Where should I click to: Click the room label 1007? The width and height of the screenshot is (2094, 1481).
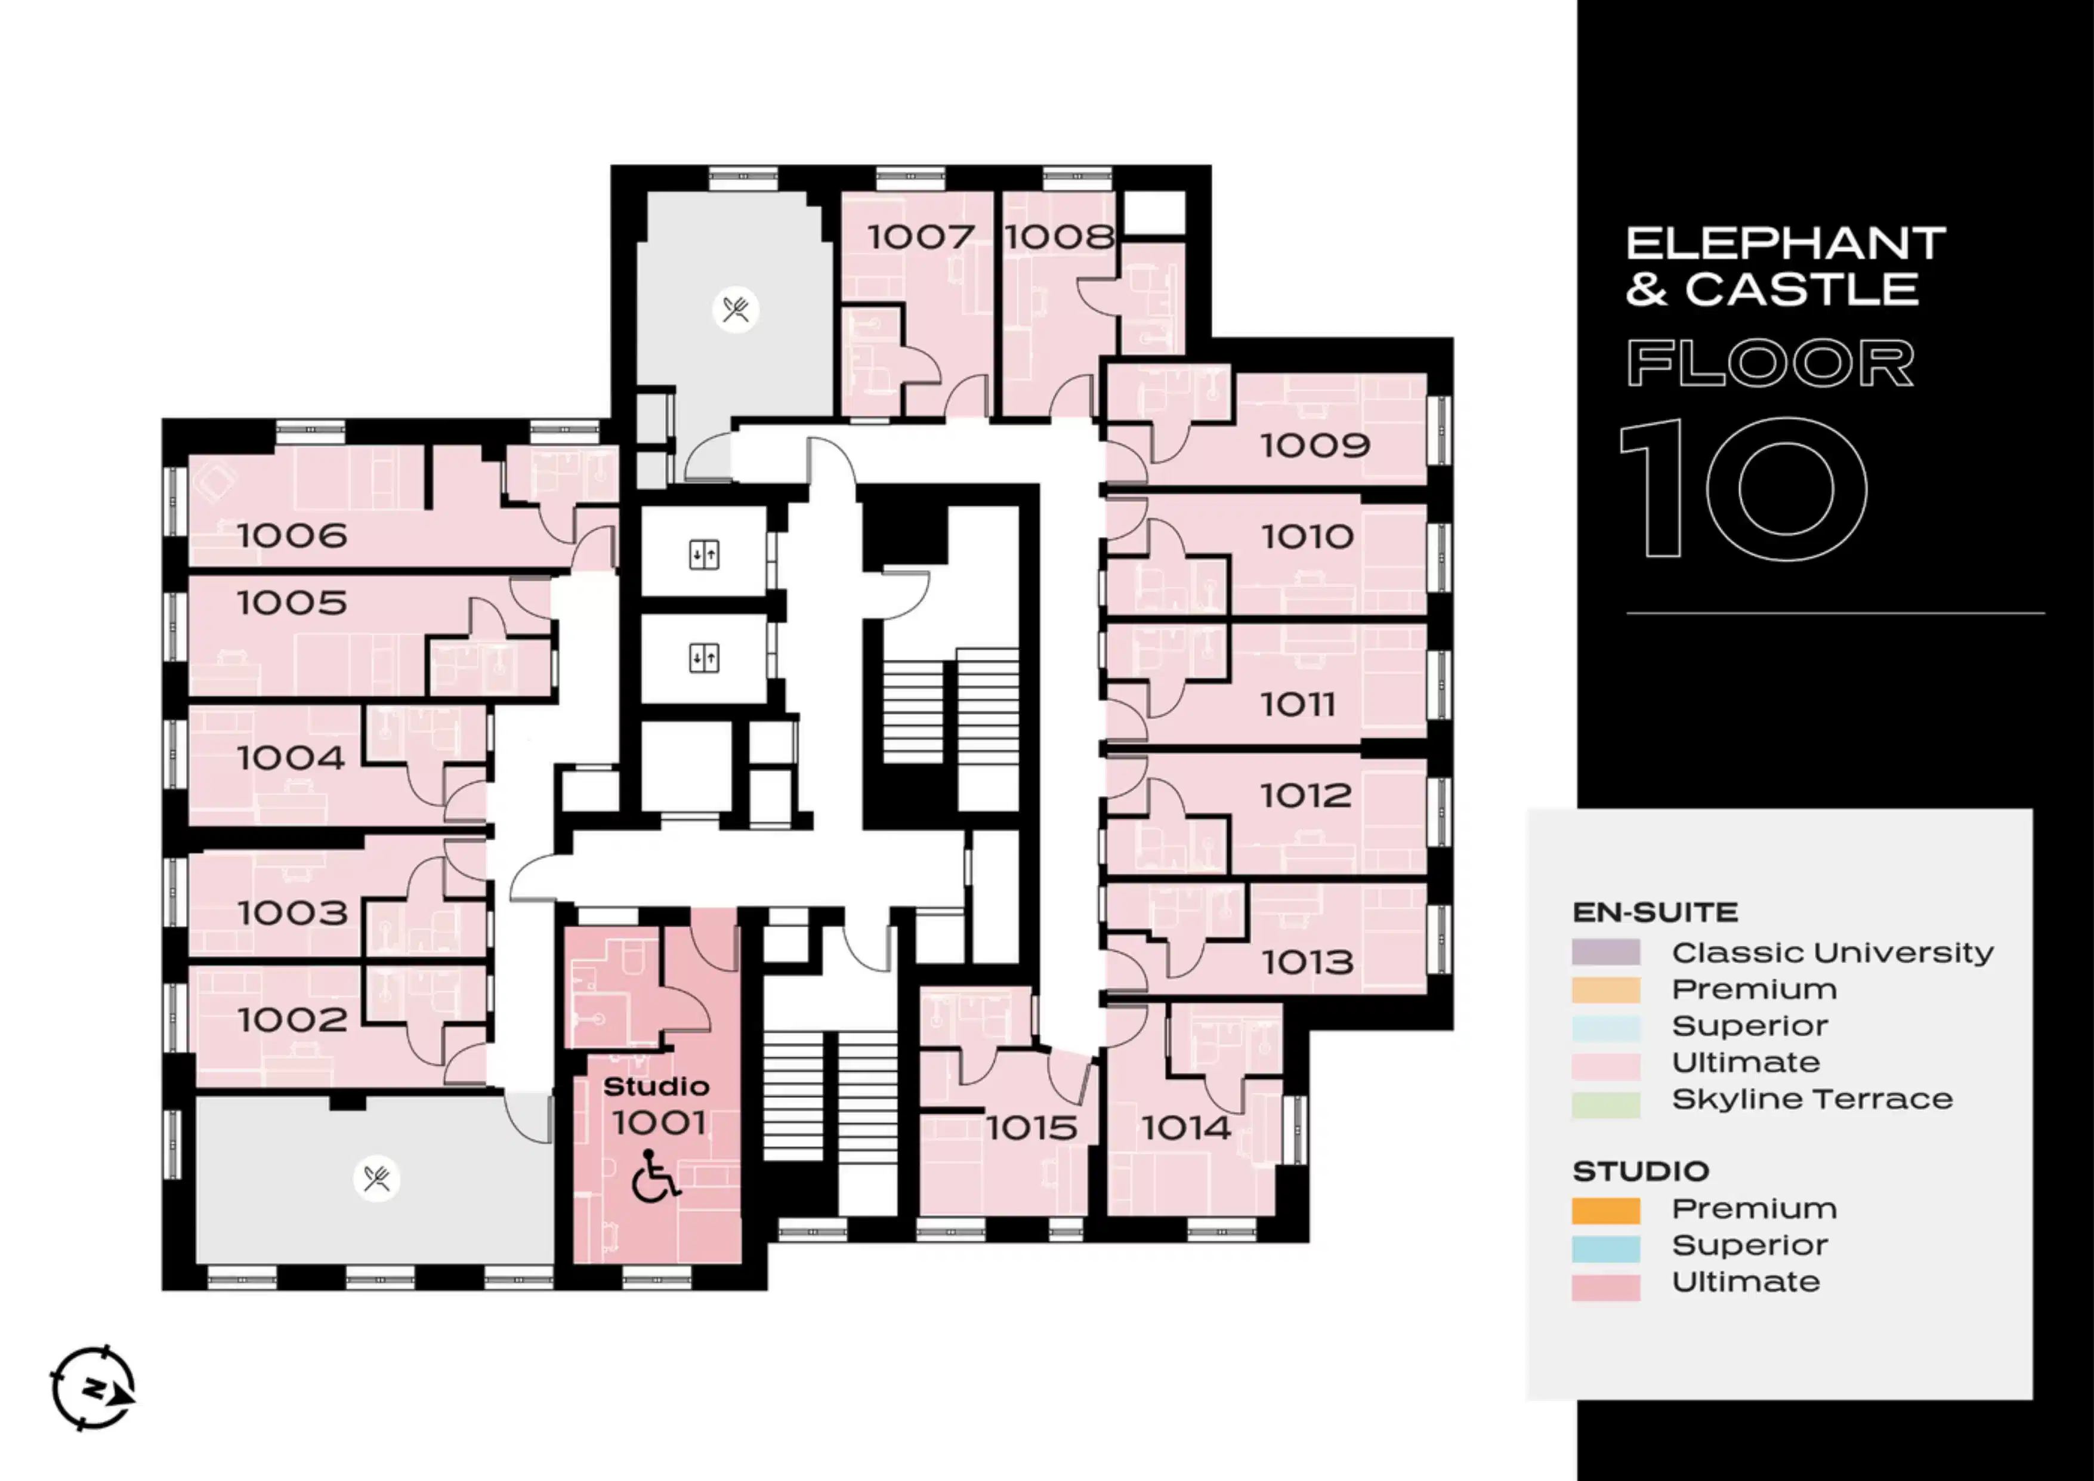[x=921, y=237]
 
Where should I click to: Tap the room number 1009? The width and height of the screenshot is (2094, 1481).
[x=1315, y=446]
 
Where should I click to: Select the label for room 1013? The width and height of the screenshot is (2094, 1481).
[x=1307, y=962]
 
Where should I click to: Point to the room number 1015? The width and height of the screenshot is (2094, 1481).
[x=1031, y=1128]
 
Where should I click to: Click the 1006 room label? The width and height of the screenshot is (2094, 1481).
[x=292, y=535]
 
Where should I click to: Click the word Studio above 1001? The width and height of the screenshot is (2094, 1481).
[x=656, y=1086]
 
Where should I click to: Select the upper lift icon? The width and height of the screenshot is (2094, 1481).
[x=704, y=554]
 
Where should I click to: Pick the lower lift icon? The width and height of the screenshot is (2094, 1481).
[x=704, y=658]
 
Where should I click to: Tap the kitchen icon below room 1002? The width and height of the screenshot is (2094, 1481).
[x=376, y=1178]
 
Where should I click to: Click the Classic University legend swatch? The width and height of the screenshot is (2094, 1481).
[x=1606, y=953]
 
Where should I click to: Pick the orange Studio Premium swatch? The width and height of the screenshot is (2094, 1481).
[x=1606, y=1210]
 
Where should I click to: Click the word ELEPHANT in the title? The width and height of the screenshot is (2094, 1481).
[x=1786, y=243]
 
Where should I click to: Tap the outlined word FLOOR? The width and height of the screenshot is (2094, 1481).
[x=1770, y=363]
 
